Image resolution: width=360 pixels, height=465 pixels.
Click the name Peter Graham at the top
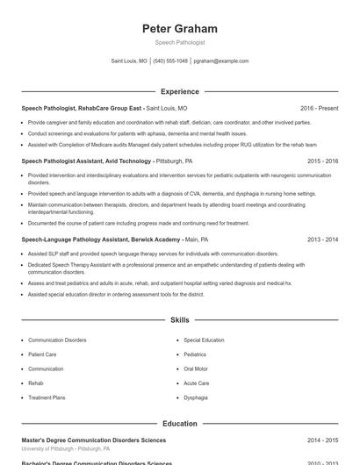179,29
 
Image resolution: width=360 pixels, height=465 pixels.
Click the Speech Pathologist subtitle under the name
179,42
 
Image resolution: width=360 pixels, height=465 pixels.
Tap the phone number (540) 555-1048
170,61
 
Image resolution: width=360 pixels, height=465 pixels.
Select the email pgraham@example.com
221,61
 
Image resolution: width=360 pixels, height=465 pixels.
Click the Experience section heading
179,91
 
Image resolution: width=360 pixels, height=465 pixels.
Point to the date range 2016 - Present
319,108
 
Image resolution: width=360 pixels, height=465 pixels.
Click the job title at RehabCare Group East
81,108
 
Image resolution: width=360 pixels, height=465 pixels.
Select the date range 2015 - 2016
322,161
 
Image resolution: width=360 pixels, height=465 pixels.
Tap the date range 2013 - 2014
322,239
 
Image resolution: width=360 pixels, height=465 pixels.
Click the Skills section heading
179,320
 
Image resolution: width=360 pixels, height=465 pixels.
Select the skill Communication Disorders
57,340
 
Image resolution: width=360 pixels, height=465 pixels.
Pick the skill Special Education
204,340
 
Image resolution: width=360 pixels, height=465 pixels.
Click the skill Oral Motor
196,369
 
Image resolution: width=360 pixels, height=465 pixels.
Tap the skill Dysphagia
196,398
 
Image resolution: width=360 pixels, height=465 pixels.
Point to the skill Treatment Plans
47,398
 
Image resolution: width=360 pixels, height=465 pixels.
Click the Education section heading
179,424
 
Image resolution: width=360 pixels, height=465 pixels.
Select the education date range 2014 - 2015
322,440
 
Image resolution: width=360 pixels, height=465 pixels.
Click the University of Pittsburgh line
66,448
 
